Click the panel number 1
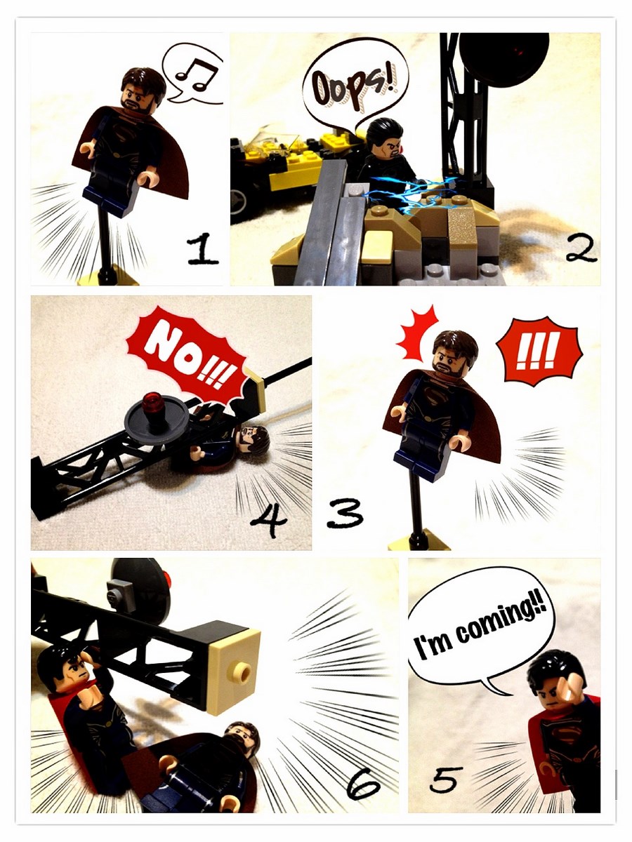tap(202, 249)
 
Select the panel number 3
tap(344, 515)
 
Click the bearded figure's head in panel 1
tap(143, 91)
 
